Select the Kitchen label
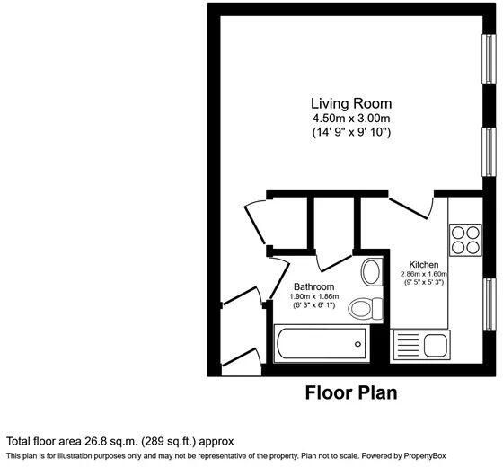point(423,265)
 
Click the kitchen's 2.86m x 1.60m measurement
point(423,275)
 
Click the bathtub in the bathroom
point(321,344)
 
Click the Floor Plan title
point(351,392)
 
